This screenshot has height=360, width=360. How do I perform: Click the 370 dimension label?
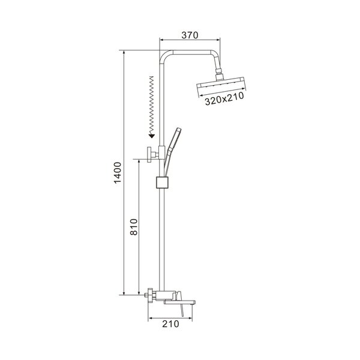click(190, 35)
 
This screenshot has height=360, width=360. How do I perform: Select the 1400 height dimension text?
click(118, 173)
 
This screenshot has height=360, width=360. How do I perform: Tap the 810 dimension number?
click(134, 227)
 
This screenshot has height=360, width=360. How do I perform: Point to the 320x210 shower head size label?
click(224, 99)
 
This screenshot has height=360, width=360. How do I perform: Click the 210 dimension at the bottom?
click(170, 324)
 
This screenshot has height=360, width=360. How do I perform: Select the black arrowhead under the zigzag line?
click(152, 136)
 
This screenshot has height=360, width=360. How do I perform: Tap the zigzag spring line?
click(151, 105)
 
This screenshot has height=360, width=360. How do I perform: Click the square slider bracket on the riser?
click(163, 182)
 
